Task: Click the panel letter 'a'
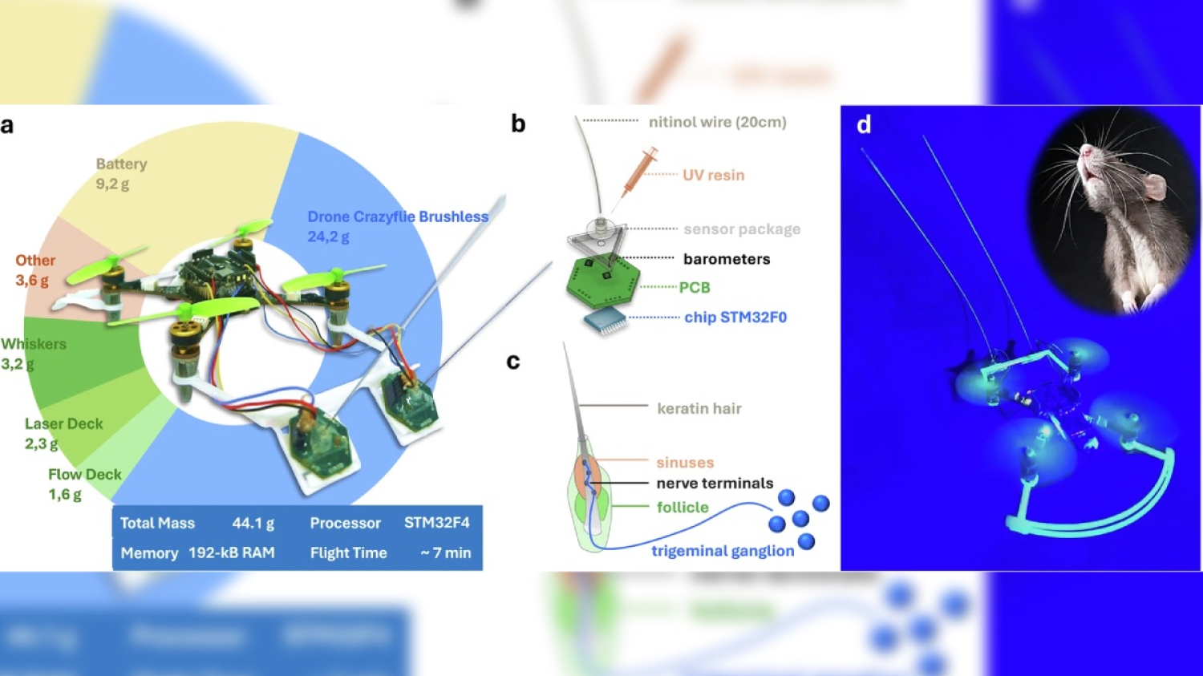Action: pyautogui.click(x=7, y=126)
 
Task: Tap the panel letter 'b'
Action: pyautogui.click(x=518, y=124)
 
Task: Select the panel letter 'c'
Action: pyautogui.click(x=513, y=362)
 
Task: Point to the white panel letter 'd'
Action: pyautogui.click(x=864, y=124)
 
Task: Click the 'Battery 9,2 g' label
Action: pyautogui.click(x=121, y=174)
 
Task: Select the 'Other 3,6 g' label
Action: pyautogui.click(x=35, y=270)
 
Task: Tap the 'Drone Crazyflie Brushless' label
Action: pyautogui.click(x=398, y=217)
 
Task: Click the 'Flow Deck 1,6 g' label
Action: pyautogui.click(x=85, y=484)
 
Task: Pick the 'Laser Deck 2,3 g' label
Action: pyautogui.click(x=64, y=434)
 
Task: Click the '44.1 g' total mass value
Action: pyautogui.click(x=253, y=523)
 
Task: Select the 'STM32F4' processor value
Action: pyautogui.click(x=436, y=523)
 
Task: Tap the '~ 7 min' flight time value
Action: pyautogui.click(x=445, y=553)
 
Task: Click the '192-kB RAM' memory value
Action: pyautogui.click(x=232, y=553)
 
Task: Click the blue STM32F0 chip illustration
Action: pyautogui.click(x=606, y=321)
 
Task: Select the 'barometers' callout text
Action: pyautogui.click(x=727, y=259)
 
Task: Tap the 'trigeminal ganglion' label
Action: pyautogui.click(x=723, y=551)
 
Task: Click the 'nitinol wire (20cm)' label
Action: pyautogui.click(x=718, y=123)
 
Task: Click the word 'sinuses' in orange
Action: pyautogui.click(x=685, y=463)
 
